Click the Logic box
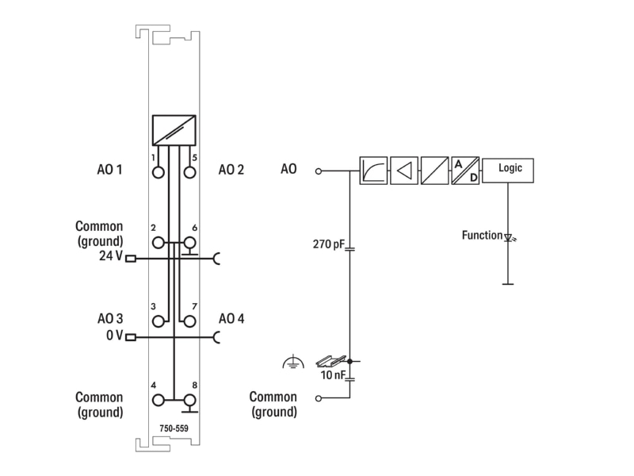click(x=507, y=171)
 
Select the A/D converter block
click(x=465, y=171)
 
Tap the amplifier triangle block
click(x=404, y=171)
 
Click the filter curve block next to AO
click(x=373, y=171)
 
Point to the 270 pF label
click(x=328, y=244)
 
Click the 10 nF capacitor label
click(x=333, y=375)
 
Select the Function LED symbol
click(x=509, y=237)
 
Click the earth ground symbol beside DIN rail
click(x=293, y=362)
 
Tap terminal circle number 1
click(x=158, y=172)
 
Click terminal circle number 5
click(x=189, y=172)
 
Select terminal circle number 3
click(x=158, y=321)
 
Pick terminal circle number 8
click(x=189, y=401)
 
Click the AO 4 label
click(x=231, y=319)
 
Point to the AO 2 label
click(x=231, y=169)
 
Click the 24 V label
click(x=110, y=255)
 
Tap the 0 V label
click(x=114, y=335)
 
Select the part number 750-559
click(x=174, y=428)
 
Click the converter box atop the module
click(x=174, y=130)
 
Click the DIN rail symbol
click(x=330, y=361)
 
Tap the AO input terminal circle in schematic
click(x=319, y=171)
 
